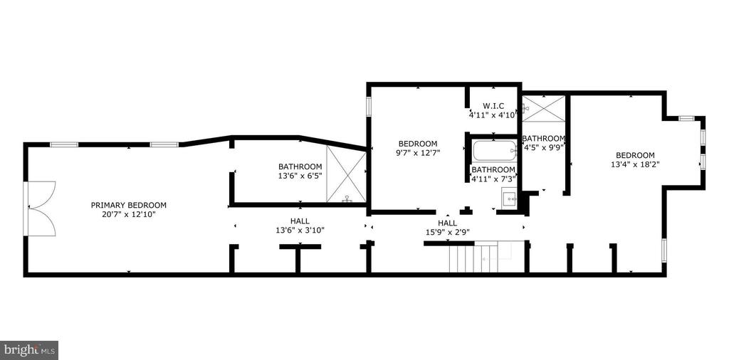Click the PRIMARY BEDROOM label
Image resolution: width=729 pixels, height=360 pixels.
coord(128,206)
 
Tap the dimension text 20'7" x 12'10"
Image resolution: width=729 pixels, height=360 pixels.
coord(128,214)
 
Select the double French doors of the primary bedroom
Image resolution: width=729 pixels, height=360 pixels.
coord(40,208)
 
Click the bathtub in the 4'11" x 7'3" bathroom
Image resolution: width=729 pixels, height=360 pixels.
coord(494,152)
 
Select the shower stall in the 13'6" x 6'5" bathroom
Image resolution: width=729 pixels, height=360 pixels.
coord(346,174)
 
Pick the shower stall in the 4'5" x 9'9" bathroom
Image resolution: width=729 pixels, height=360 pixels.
coord(544,109)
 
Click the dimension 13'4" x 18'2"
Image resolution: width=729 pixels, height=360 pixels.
coord(635,164)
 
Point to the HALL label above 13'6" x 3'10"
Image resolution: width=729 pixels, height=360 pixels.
coord(300,221)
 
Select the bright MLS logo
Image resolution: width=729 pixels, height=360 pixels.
coord(28,350)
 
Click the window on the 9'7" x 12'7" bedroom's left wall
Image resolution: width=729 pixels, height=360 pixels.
coord(368,106)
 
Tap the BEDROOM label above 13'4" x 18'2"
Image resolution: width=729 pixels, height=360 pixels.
coord(635,155)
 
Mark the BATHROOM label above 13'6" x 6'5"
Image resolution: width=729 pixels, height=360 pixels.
coord(300,166)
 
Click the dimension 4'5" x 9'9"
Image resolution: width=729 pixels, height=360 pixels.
coord(544,147)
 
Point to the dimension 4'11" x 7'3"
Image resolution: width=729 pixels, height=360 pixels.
coord(493,179)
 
